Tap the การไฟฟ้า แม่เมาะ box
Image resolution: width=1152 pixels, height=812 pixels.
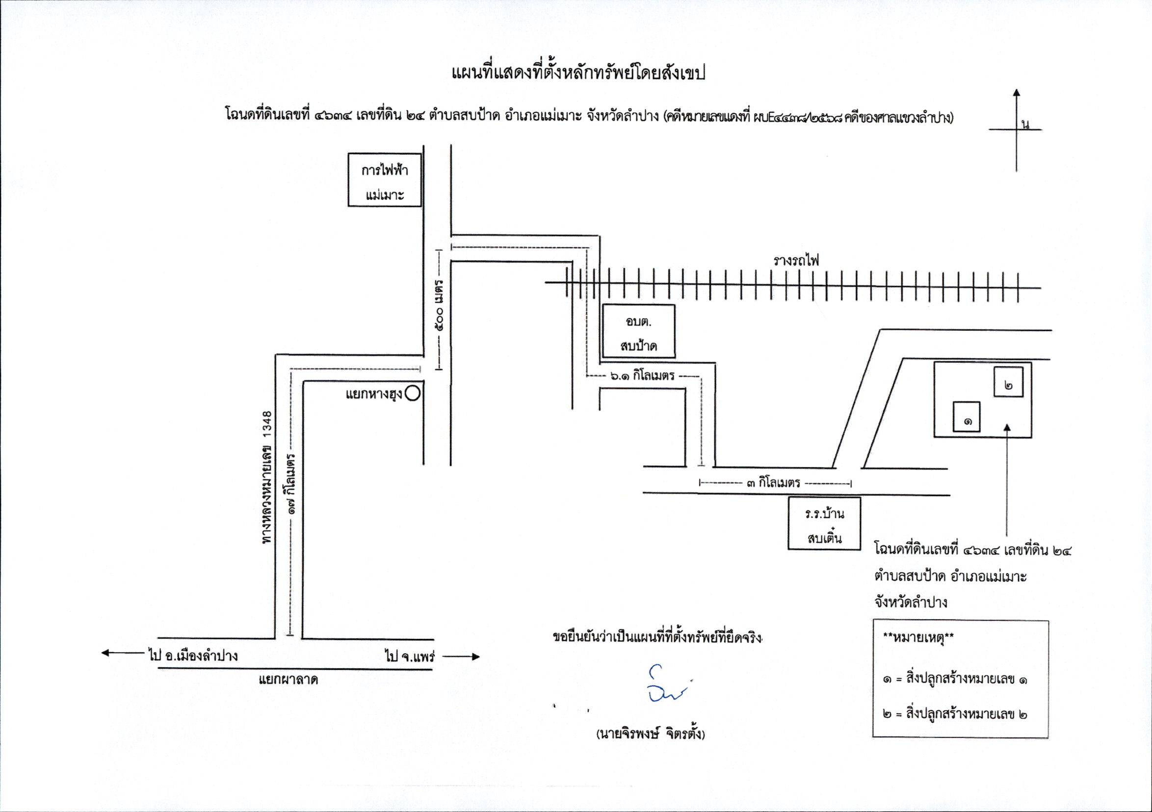(385, 180)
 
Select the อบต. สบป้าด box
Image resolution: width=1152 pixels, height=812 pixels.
(638, 331)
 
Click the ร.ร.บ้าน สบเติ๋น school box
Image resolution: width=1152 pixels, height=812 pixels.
(824, 524)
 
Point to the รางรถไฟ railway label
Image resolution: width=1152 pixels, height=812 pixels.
(796, 261)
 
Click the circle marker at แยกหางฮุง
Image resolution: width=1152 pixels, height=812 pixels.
(413, 394)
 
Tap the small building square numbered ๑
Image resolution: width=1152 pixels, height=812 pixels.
(967, 416)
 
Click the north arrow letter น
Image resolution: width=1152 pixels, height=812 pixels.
(1025, 125)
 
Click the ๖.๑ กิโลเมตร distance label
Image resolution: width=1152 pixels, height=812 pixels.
(642, 375)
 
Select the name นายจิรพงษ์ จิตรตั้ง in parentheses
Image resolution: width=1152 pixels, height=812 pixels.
(650, 734)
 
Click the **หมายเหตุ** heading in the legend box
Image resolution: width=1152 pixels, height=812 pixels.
(918, 639)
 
